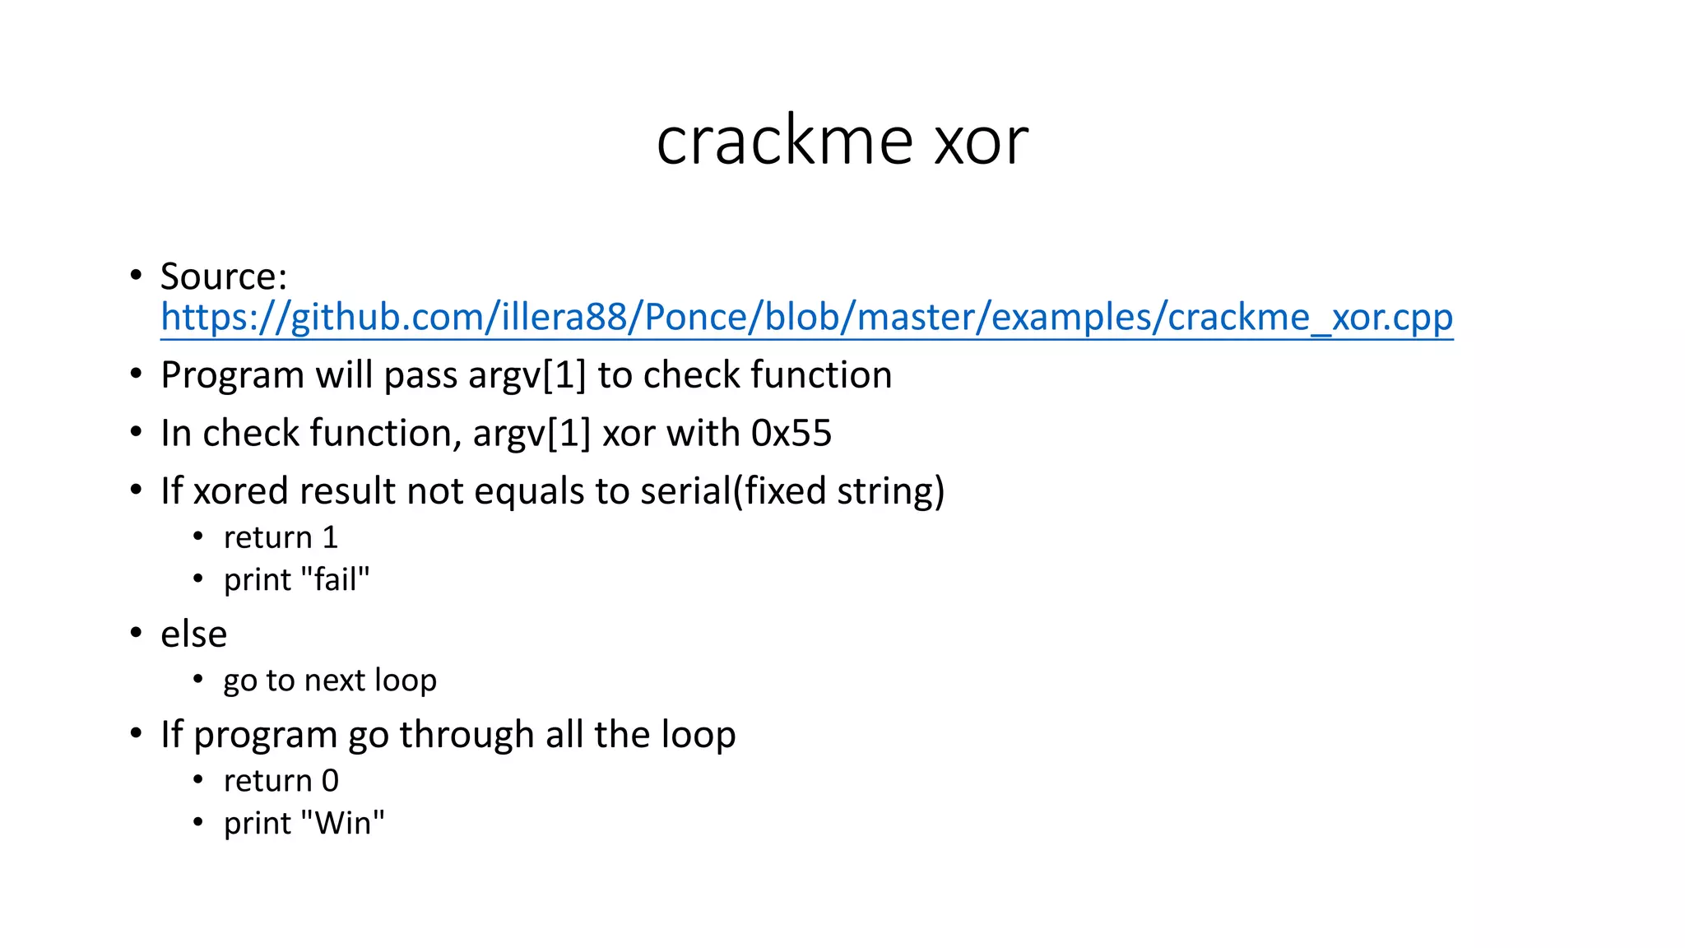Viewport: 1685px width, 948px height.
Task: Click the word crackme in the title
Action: point(784,141)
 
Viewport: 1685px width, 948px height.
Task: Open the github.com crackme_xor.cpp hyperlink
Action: point(806,317)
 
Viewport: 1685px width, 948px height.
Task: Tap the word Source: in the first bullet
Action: point(223,276)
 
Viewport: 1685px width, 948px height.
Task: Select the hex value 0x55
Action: point(791,434)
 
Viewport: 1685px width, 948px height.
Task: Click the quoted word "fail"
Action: point(336,579)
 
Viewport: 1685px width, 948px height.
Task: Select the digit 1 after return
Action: point(330,538)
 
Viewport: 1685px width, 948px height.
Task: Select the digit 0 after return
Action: point(330,781)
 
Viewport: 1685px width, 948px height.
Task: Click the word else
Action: point(193,634)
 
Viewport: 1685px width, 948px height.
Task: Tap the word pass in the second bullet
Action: point(421,376)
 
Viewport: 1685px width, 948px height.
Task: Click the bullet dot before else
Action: point(137,633)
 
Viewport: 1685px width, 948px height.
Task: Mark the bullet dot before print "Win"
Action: point(197,821)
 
